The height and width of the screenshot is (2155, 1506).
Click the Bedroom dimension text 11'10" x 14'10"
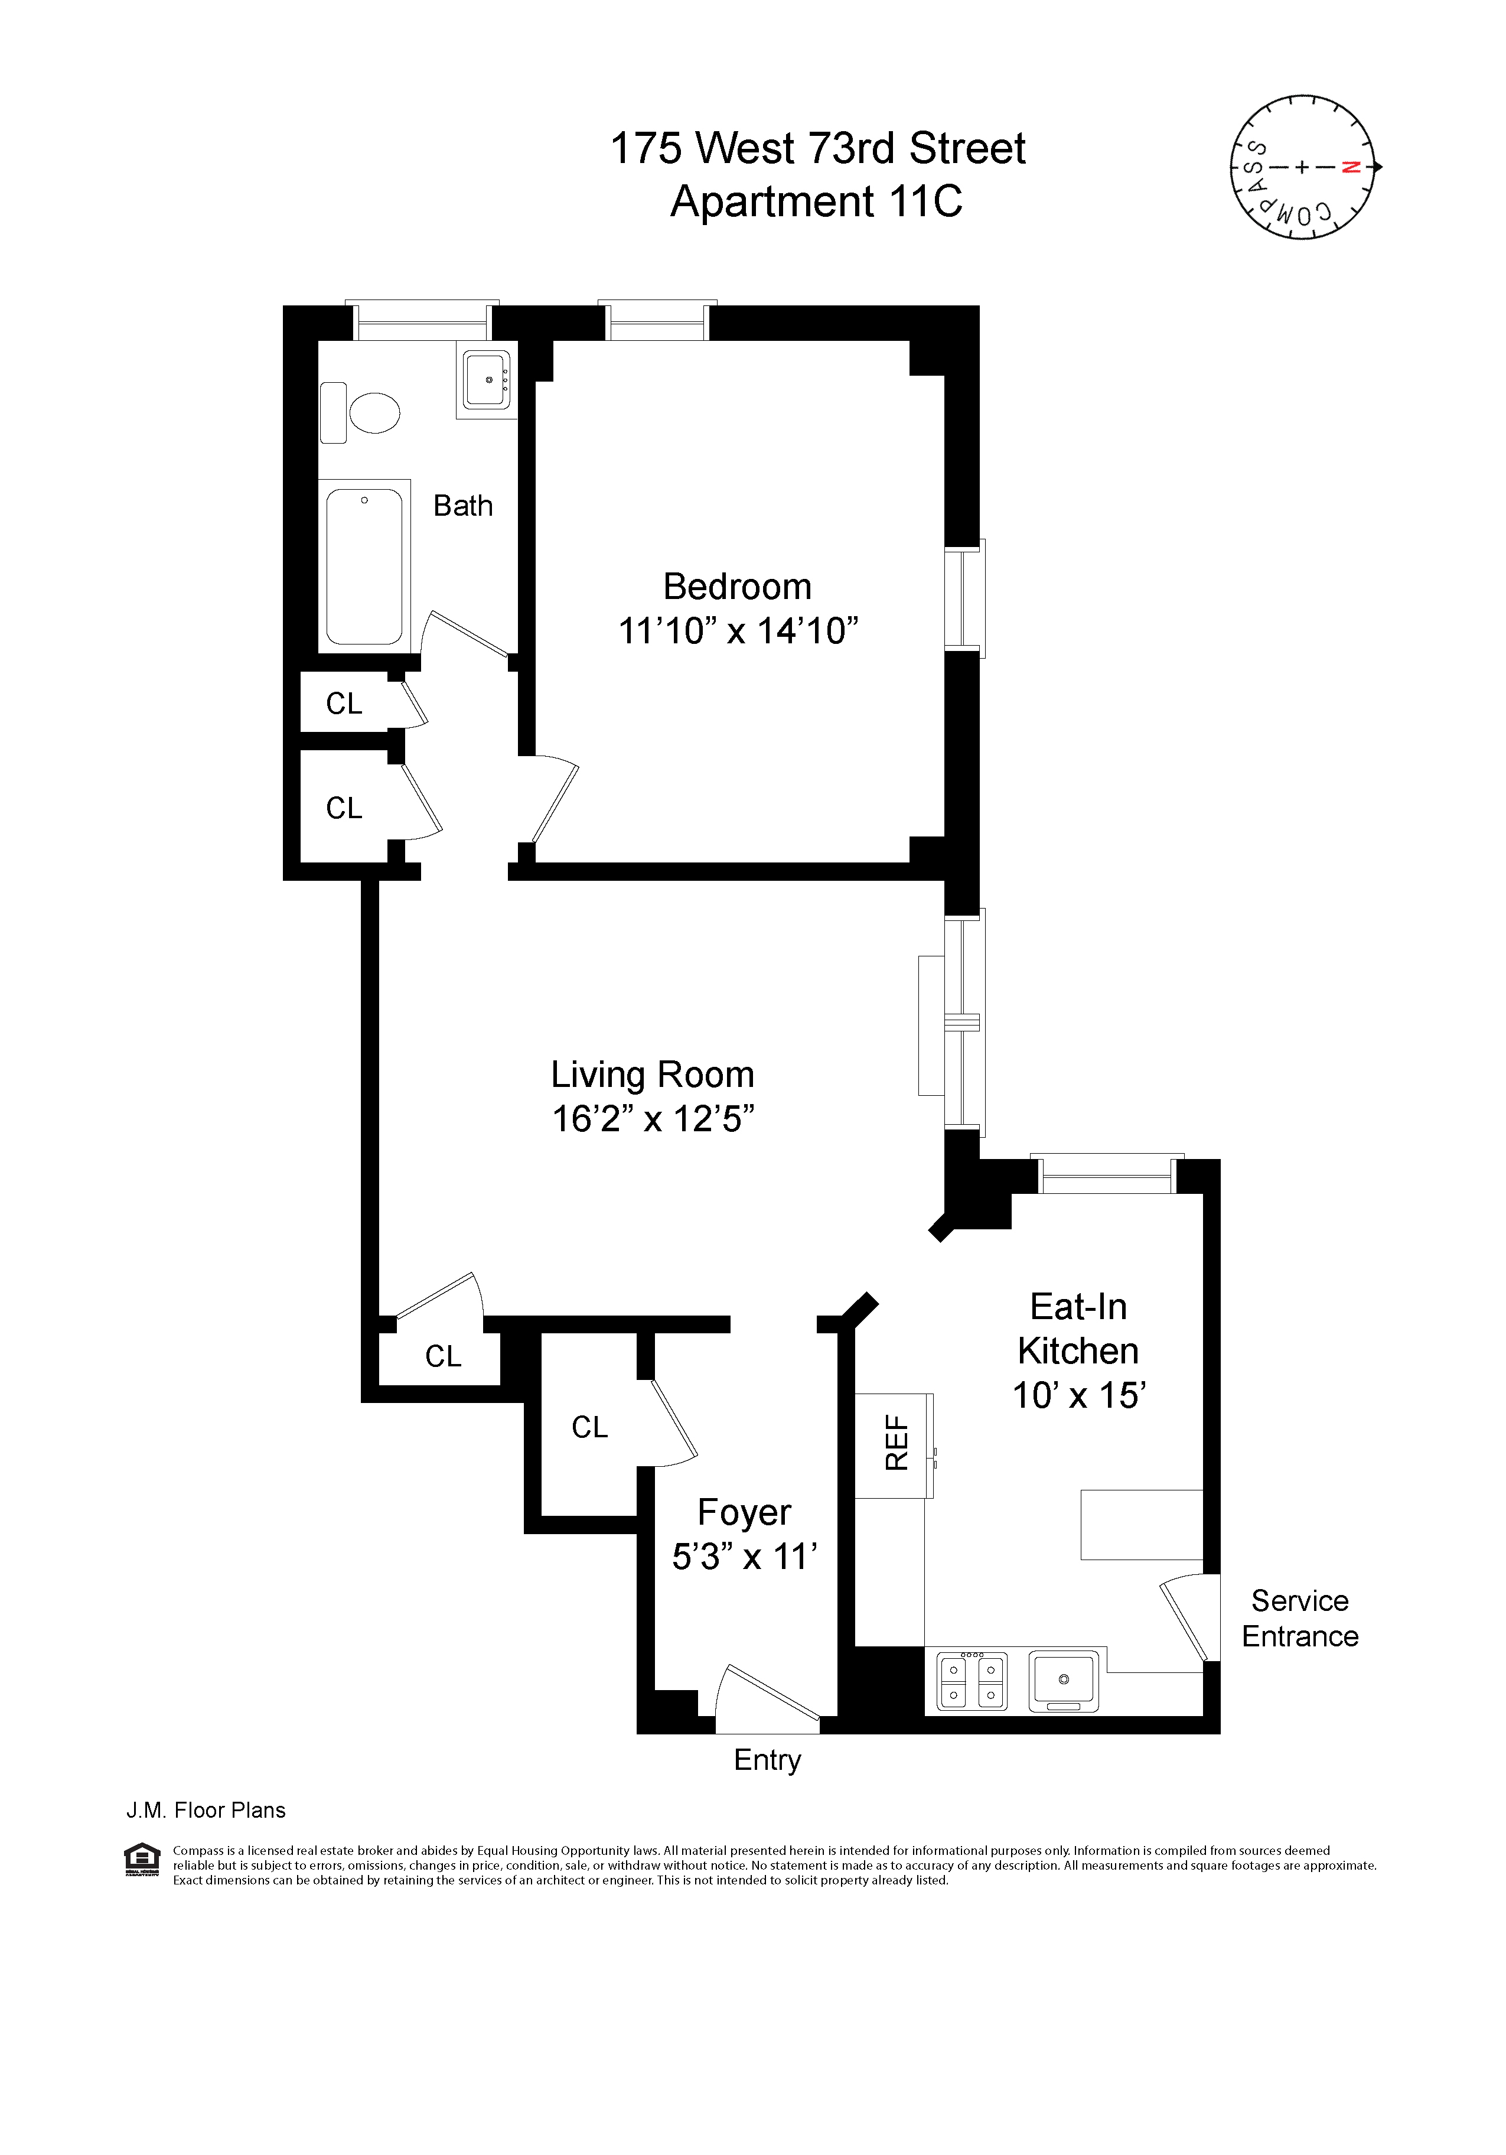point(738,631)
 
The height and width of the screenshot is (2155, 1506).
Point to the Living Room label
point(652,1075)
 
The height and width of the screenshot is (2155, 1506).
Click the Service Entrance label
point(1299,1618)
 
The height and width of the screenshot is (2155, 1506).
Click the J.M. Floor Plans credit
point(206,1809)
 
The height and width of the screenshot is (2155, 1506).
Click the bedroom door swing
point(553,798)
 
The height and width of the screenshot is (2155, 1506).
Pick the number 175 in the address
point(644,148)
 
